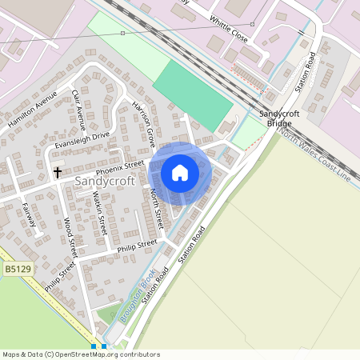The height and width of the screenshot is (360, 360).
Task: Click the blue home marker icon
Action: (x=180, y=172)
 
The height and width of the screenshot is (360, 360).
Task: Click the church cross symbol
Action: (x=58, y=172)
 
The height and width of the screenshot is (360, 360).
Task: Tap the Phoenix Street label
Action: (x=119, y=168)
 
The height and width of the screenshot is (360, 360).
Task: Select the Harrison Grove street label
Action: (x=143, y=126)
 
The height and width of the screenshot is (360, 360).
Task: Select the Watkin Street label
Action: (x=99, y=214)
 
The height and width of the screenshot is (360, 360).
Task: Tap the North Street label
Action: (x=157, y=206)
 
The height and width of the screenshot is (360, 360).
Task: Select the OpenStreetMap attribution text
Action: (x=81, y=354)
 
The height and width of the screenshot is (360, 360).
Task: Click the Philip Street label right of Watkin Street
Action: (x=137, y=244)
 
